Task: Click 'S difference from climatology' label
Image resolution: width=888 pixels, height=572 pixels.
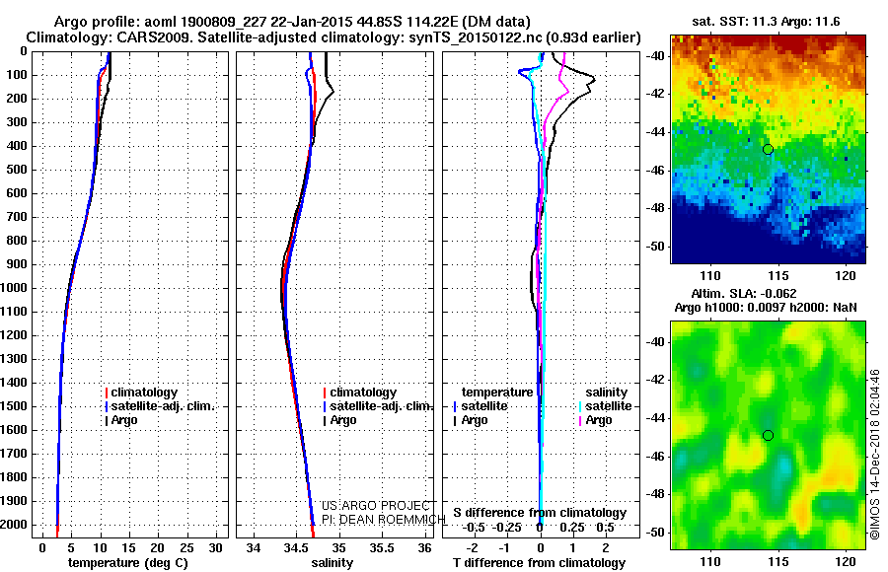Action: click(540, 513)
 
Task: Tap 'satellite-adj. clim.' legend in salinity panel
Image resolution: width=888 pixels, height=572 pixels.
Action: click(379, 406)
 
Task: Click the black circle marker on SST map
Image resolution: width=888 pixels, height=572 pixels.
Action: click(768, 149)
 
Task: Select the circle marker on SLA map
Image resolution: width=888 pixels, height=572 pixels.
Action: click(768, 435)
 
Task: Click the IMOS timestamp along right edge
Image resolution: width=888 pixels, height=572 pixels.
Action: click(876, 454)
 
